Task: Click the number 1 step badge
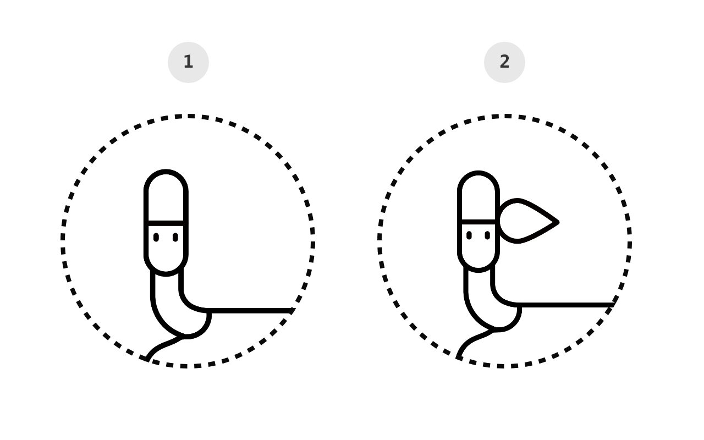(x=188, y=62)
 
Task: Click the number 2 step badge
(x=504, y=62)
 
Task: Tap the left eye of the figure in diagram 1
(x=156, y=237)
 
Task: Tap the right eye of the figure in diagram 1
(x=175, y=237)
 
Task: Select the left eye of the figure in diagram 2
(x=469, y=235)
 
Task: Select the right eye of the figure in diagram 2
(x=487, y=235)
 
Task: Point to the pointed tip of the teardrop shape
(x=558, y=222)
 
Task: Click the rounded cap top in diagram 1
(x=166, y=172)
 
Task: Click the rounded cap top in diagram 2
(x=479, y=173)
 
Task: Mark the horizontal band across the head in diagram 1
(x=166, y=223)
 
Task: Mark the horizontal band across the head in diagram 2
(x=479, y=222)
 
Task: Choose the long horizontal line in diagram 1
(x=250, y=311)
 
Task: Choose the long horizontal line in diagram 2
(x=566, y=305)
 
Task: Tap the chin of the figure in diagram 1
(x=166, y=274)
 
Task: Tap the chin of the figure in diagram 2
(x=479, y=270)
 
